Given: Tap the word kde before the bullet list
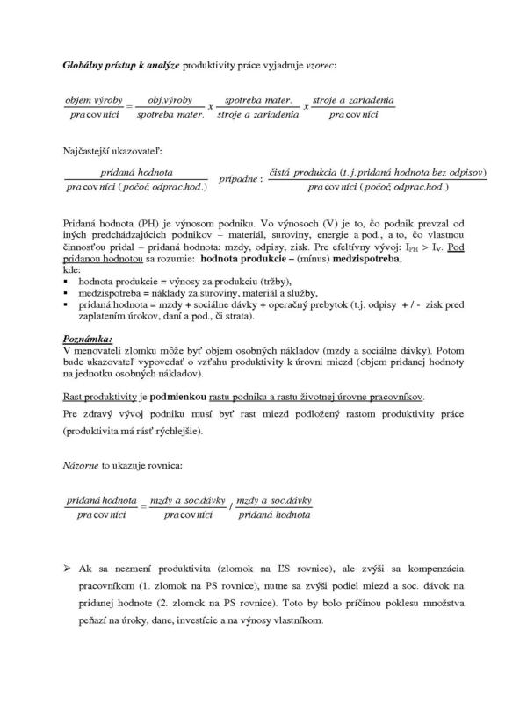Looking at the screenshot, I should pyautogui.click(x=72, y=272).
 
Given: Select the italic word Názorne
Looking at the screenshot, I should pyautogui.click(x=83, y=466).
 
